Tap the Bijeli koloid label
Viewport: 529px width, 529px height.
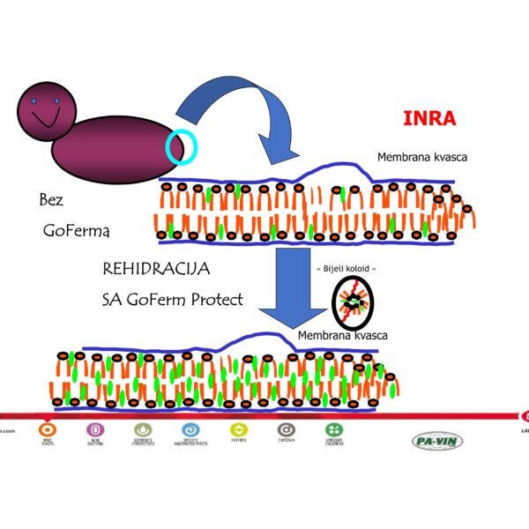pyautogui.click(x=346, y=267)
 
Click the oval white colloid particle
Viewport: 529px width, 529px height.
pyautogui.click(x=354, y=302)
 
